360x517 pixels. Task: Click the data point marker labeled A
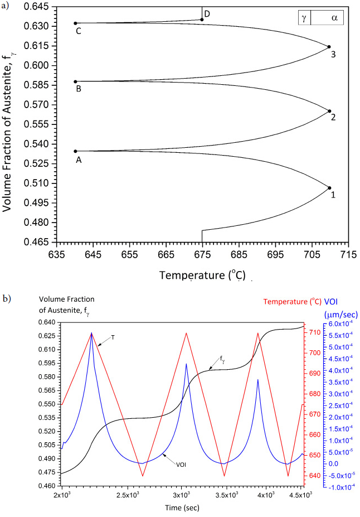pos(76,151)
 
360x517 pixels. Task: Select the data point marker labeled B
pos(76,81)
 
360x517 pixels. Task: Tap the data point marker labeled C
pos(76,23)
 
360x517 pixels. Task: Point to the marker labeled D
pos(202,20)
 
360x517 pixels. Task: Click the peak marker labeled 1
pos(329,188)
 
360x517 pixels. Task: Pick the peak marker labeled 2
pos(329,111)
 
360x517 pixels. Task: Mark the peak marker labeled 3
pos(329,47)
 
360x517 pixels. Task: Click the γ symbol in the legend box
pos(304,18)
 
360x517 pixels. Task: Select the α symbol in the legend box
pos(334,18)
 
